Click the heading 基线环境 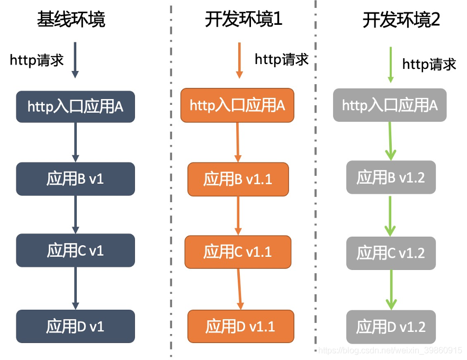click(x=71, y=20)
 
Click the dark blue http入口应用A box click(x=75, y=106)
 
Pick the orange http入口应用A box click(x=237, y=105)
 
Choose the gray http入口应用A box click(x=390, y=105)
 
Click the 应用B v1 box click(x=75, y=179)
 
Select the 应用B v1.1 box click(x=238, y=179)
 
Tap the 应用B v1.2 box click(x=391, y=177)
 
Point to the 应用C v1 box click(x=75, y=250)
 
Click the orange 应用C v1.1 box click(x=238, y=251)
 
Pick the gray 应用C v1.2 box click(x=391, y=253)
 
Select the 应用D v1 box click(x=75, y=327)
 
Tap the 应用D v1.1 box click(x=240, y=326)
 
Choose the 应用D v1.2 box click(x=391, y=327)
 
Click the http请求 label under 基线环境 click(x=37, y=60)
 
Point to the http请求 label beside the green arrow click(x=429, y=64)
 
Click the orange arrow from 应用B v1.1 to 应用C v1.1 click(x=238, y=215)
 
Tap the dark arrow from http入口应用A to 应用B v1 click(x=75, y=142)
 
